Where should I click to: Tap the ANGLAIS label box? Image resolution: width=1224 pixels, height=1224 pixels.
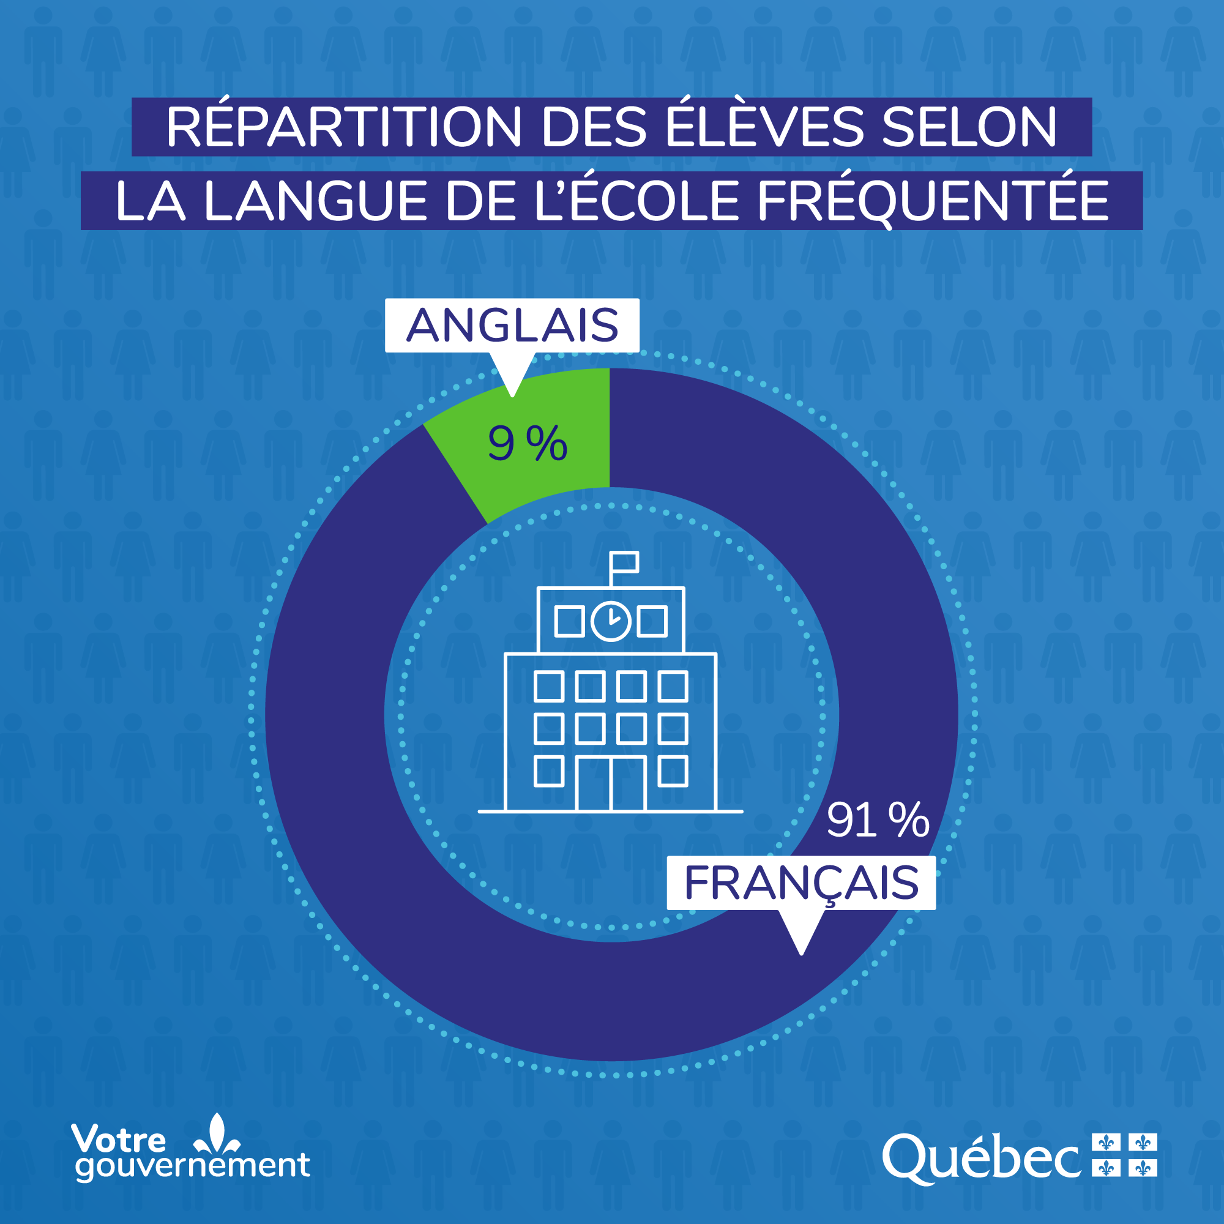coord(512,325)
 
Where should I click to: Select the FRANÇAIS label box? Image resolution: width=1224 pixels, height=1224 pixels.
coord(800,883)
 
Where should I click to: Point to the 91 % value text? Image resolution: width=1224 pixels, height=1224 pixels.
coord(878,821)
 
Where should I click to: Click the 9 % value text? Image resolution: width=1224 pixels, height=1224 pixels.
coord(527,444)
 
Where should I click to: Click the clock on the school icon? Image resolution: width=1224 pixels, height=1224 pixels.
coord(611,621)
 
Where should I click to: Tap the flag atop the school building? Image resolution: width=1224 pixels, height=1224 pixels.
coord(624,562)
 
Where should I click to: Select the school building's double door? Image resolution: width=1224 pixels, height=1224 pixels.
coord(611,783)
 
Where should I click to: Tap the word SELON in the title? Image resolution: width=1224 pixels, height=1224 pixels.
coord(969,127)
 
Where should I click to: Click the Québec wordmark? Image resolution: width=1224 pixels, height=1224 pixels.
coord(982,1159)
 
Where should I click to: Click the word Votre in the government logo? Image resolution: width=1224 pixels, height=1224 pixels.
coord(119,1139)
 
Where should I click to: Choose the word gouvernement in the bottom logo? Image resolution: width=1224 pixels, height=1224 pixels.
coord(193,1166)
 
